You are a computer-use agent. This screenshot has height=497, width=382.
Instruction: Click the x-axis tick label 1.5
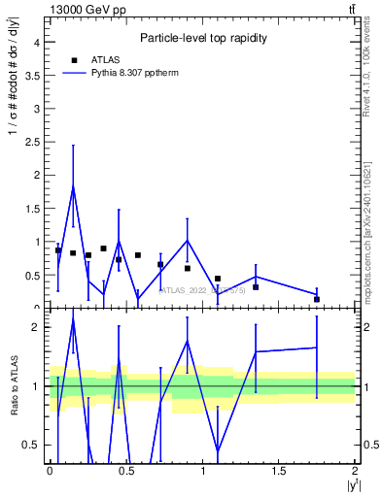279,469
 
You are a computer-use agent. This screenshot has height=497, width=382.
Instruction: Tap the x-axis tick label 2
355,469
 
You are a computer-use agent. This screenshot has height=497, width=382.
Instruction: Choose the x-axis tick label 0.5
126,469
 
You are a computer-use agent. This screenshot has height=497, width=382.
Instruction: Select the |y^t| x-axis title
349,485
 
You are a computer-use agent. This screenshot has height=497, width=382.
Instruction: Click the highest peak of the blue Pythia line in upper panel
73,186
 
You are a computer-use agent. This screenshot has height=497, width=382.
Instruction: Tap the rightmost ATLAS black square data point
317,299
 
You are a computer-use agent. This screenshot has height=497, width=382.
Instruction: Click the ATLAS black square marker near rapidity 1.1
218,279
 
